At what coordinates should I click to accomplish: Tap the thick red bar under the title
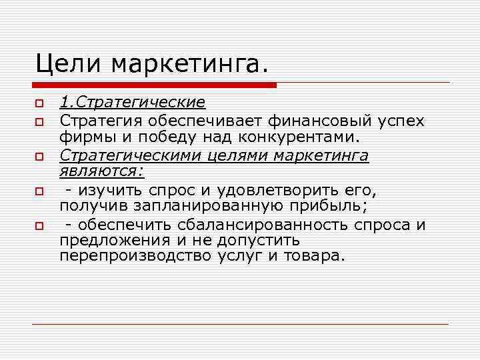[154, 85]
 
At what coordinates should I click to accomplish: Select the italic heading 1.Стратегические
[132, 103]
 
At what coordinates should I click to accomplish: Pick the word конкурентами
[304, 138]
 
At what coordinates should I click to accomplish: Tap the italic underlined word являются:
[102, 172]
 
